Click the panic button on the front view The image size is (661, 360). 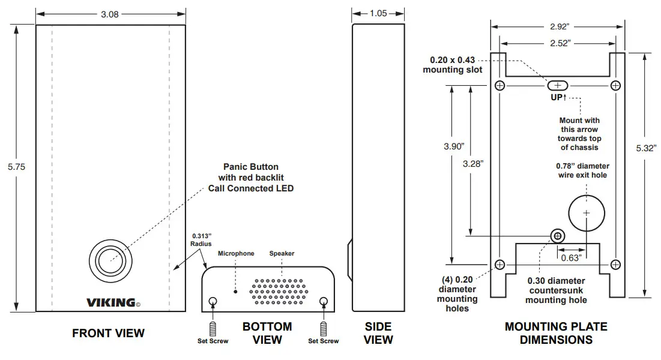pyautogui.click(x=110, y=260)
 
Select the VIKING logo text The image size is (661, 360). pyautogui.click(x=111, y=302)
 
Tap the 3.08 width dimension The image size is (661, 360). pyautogui.click(x=110, y=14)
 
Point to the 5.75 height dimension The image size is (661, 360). pyautogui.click(x=16, y=167)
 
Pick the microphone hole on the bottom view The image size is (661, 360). pyautogui.click(x=235, y=292)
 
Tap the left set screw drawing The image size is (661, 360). pyautogui.click(x=212, y=329)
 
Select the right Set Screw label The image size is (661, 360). pyautogui.click(x=323, y=341)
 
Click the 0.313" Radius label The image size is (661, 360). pyautogui.click(x=201, y=240)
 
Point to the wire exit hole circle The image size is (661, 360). pyautogui.click(x=587, y=213)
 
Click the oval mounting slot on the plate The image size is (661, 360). pyautogui.click(x=558, y=86)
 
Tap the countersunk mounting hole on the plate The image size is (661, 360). pyautogui.click(x=558, y=236)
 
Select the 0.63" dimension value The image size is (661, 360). pyautogui.click(x=570, y=259)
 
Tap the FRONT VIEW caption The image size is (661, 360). pyautogui.click(x=108, y=333)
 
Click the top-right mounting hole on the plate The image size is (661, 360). pyautogui.click(x=615, y=86)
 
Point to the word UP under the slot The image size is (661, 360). pyautogui.click(x=557, y=97)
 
